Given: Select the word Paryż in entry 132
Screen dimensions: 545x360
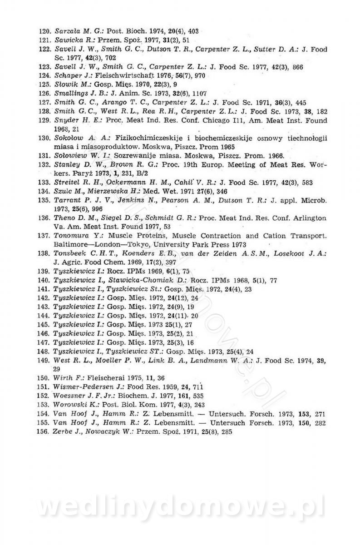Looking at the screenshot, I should (x=64, y=173).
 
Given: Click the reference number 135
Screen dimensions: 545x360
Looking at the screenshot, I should (x=44, y=200).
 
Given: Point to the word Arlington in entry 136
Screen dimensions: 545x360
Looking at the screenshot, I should (x=309, y=218).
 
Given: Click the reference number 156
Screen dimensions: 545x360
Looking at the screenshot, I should (x=44, y=432).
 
